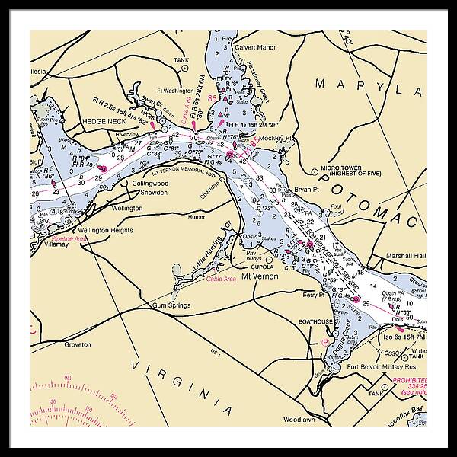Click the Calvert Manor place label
pos(255,47)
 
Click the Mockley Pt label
pos(277,139)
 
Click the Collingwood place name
pos(149,184)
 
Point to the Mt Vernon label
pos(257,276)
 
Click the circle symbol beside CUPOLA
pos(269,259)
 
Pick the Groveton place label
pos(77,344)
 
